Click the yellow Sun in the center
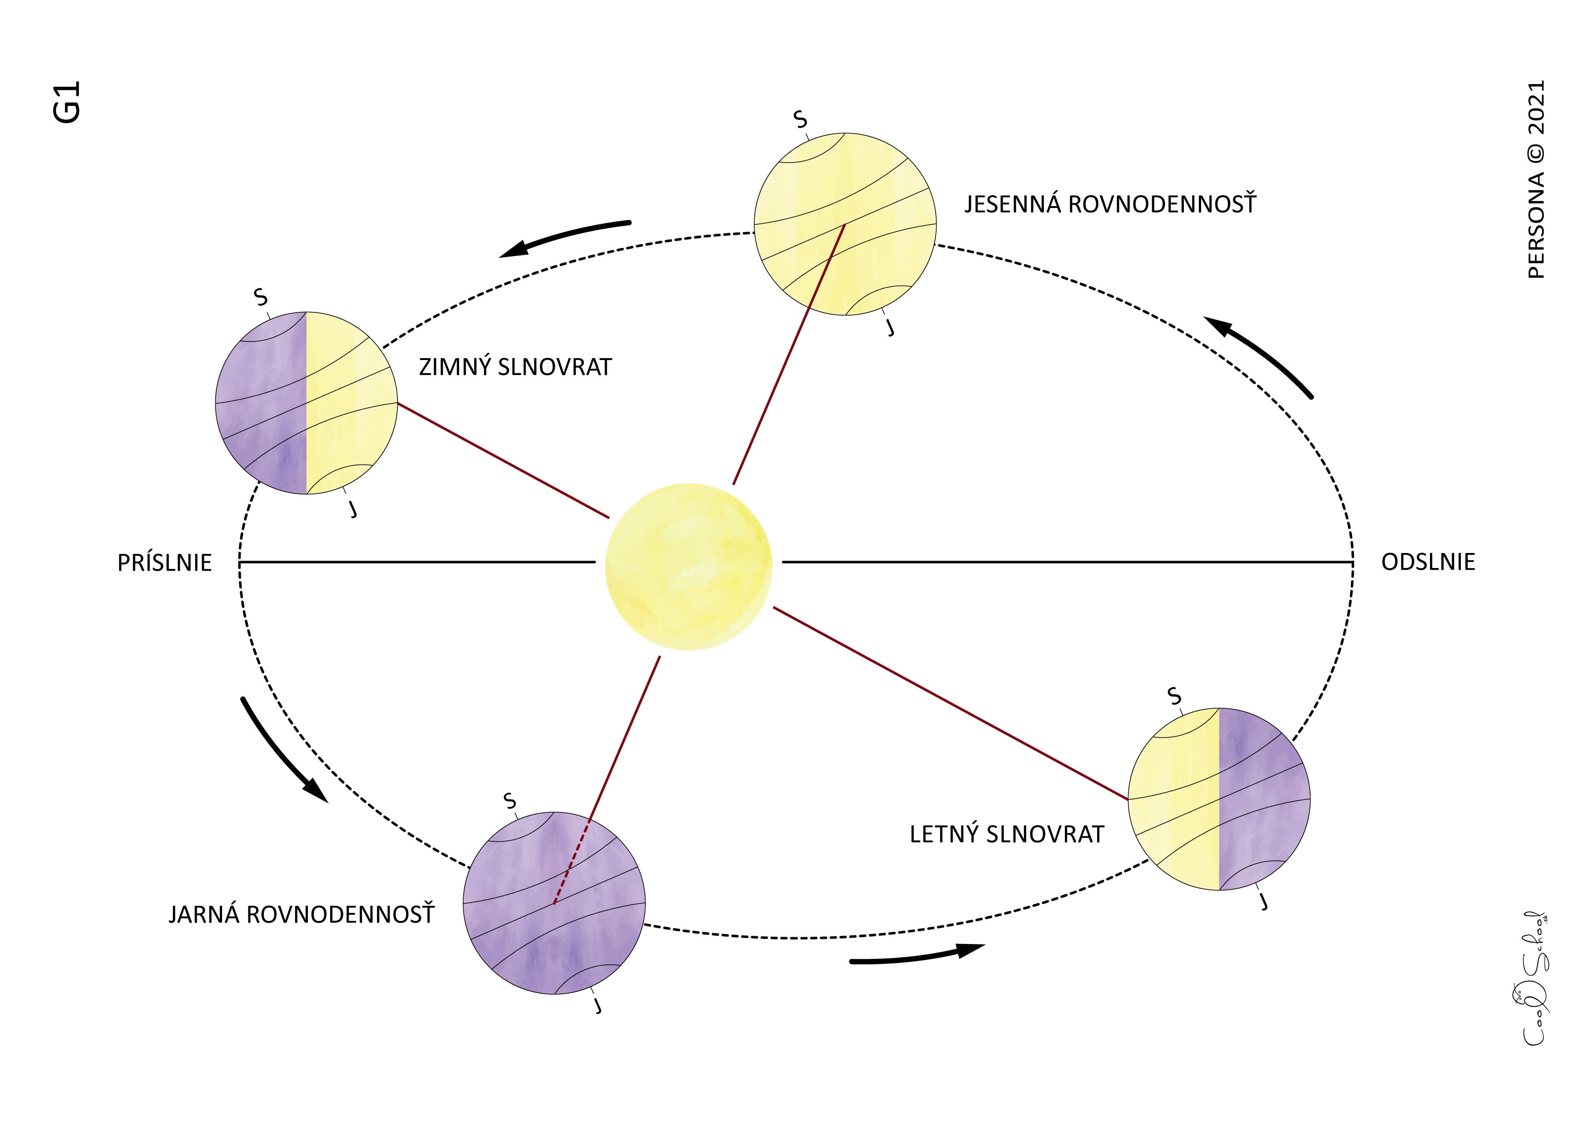coord(688,566)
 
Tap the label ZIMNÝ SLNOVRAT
coord(515,366)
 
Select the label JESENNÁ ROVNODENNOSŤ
coord(1110,204)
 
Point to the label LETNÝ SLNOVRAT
coord(1007,834)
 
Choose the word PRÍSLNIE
coord(164,563)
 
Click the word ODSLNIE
coord(1428,562)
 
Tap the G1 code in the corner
coord(67,102)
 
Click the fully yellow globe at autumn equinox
coord(845,223)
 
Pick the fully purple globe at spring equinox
coord(554,902)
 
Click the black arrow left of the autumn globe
coord(565,237)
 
